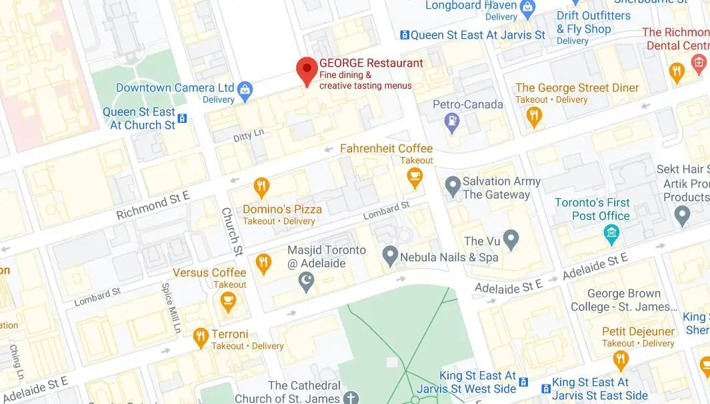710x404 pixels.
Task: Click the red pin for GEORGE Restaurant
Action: (307, 69)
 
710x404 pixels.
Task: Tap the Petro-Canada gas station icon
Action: (453, 122)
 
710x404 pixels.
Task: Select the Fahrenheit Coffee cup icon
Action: (415, 178)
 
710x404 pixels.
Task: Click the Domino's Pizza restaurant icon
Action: (262, 187)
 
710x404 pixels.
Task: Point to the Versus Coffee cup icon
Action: (228, 301)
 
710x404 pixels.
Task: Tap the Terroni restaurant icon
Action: (201, 338)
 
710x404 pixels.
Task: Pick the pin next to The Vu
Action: (511, 239)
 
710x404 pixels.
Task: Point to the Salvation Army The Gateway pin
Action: (453, 186)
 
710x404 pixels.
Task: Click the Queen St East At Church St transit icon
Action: (182, 119)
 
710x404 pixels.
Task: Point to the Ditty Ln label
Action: (249, 136)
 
